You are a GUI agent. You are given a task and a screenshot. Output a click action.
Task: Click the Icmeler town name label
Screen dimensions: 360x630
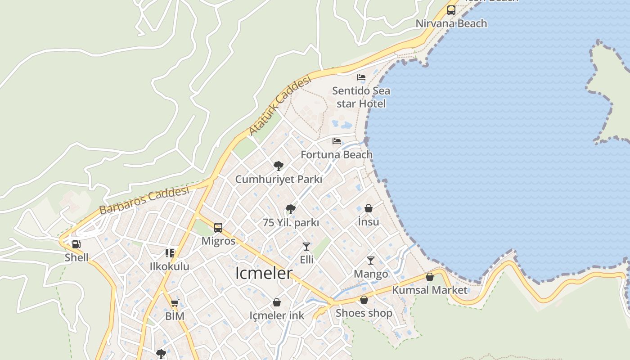pyautogui.click(x=264, y=273)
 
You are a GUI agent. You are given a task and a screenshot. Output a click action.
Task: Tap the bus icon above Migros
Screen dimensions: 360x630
pyautogui.click(x=218, y=228)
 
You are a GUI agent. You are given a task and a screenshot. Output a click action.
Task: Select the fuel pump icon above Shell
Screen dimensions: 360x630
pyautogui.click(x=76, y=245)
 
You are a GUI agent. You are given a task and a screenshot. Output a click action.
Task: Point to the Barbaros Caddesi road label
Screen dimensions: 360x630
pyautogui.click(x=144, y=200)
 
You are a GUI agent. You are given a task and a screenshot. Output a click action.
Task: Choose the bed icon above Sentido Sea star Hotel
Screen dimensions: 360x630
pyautogui.click(x=361, y=77)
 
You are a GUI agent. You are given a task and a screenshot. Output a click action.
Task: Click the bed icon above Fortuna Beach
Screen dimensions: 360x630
pyautogui.click(x=337, y=141)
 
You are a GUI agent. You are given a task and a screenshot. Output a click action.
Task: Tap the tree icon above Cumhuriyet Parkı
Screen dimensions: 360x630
pyautogui.click(x=279, y=166)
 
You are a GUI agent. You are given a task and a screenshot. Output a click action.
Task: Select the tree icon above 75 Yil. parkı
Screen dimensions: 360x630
pyautogui.click(x=291, y=209)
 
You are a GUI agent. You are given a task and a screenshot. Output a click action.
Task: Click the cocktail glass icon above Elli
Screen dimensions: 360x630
pyautogui.click(x=306, y=246)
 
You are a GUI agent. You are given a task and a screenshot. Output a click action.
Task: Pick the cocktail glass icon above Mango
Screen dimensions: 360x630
pyautogui.click(x=371, y=260)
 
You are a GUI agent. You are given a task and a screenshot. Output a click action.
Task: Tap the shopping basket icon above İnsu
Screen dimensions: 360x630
pyautogui.click(x=369, y=208)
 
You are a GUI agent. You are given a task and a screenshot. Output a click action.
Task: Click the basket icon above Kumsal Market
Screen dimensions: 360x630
pyautogui.click(x=430, y=277)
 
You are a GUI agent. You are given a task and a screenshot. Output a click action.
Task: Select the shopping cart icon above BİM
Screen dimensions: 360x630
pyautogui.click(x=175, y=303)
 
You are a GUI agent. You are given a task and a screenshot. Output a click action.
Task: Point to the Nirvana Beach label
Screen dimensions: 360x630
pyautogui.click(x=451, y=23)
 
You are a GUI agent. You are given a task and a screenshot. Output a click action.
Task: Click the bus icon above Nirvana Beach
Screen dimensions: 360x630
pyautogui.click(x=451, y=10)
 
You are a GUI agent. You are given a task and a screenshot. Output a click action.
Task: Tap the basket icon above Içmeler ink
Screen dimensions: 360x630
pyautogui.click(x=277, y=302)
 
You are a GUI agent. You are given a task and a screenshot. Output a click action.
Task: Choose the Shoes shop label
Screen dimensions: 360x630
pyautogui.click(x=364, y=313)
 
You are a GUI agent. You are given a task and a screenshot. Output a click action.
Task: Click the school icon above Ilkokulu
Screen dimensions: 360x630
pyautogui.click(x=170, y=253)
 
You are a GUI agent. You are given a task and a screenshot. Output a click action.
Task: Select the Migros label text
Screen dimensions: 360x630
pyautogui.click(x=218, y=241)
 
